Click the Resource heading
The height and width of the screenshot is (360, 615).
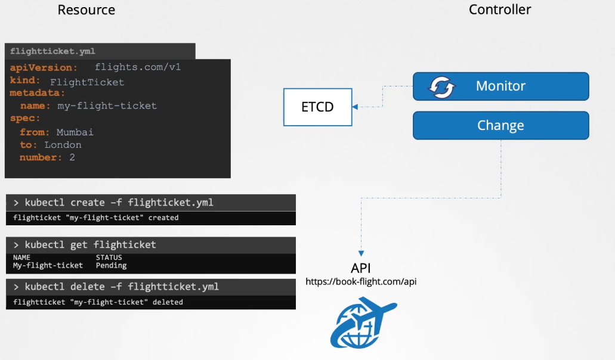point(86,10)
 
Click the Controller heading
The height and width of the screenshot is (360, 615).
point(500,10)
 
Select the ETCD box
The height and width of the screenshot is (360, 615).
point(317,107)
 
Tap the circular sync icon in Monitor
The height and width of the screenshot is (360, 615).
point(442,87)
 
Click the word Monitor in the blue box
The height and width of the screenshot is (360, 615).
point(500,86)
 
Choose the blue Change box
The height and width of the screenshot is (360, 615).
point(500,126)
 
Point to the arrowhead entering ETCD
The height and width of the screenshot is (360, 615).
point(356,107)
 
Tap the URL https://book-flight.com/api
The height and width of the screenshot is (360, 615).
point(361,281)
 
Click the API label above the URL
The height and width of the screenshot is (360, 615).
point(361,268)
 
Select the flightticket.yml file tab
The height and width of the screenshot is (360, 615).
point(52,51)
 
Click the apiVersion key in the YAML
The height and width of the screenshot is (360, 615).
point(44,68)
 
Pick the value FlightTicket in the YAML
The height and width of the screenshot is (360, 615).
point(87,82)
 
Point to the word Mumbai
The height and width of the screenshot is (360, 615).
point(75,132)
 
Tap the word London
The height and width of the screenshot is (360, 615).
point(63,145)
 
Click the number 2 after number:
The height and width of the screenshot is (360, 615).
point(72,158)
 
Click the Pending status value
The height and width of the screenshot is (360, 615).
point(111,266)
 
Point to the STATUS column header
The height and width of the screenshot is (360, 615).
point(109,258)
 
